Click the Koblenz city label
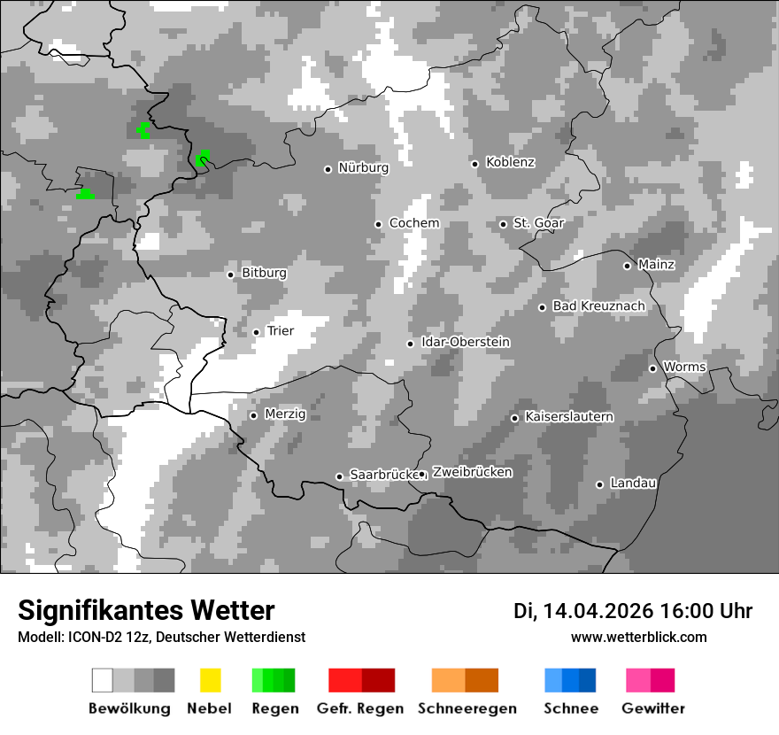[x=510, y=162]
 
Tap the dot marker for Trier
[x=256, y=332]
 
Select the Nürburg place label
[x=363, y=167]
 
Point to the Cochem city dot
[x=378, y=224]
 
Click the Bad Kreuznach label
[x=598, y=306]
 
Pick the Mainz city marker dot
[x=627, y=266]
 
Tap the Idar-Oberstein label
[x=466, y=343]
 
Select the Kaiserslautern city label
[x=569, y=417]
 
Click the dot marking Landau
[x=599, y=484]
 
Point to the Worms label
[x=684, y=367]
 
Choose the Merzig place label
[x=285, y=414]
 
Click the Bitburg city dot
[x=230, y=275]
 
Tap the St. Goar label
[x=538, y=223]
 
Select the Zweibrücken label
[x=472, y=473]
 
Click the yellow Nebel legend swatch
[x=210, y=680]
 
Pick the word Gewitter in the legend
[x=653, y=708]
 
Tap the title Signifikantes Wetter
[x=146, y=610]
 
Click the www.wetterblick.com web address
[x=638, y=638]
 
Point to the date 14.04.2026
[x=598, y=611]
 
